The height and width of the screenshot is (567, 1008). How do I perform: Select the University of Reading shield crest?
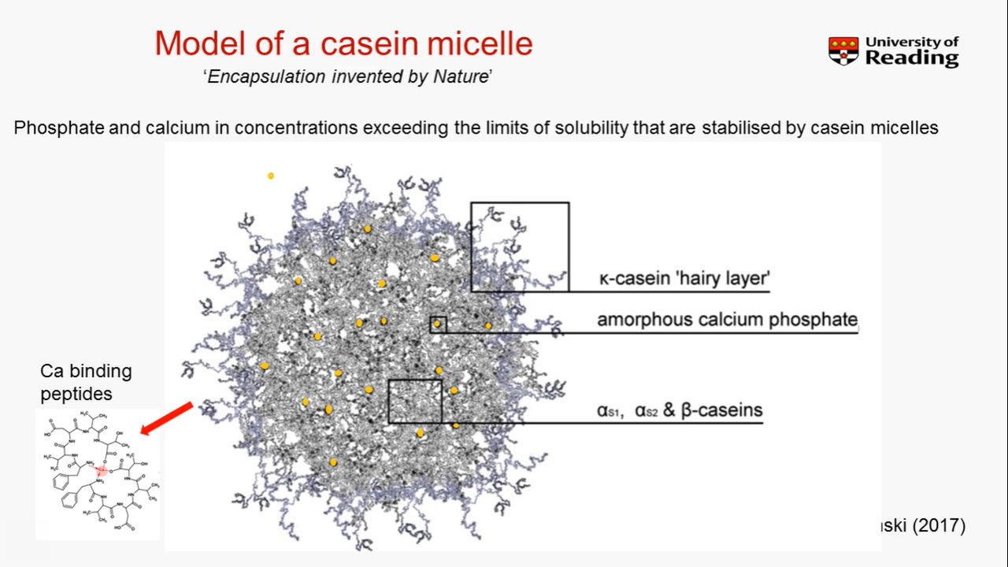tap(843, 51)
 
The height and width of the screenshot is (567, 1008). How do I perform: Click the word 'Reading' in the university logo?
tap(911, 58)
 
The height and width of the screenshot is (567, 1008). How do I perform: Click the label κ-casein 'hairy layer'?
tap(683, 279)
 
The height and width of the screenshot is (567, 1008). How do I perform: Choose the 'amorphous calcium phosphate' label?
tap(726, 320)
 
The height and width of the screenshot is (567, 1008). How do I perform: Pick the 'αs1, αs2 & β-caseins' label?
tap(680, 410)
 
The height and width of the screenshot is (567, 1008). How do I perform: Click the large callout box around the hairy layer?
tap(520, 246)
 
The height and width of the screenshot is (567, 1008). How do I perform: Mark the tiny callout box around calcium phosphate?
tap(438, 324)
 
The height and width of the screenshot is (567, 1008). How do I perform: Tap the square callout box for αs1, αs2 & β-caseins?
tap(415, 402)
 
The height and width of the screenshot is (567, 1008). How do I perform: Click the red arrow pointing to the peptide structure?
tap(167, 417)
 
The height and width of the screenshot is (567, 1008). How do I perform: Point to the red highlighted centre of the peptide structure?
tap(101, 470)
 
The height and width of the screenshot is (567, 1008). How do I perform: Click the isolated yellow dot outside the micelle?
tap(271, 176)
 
